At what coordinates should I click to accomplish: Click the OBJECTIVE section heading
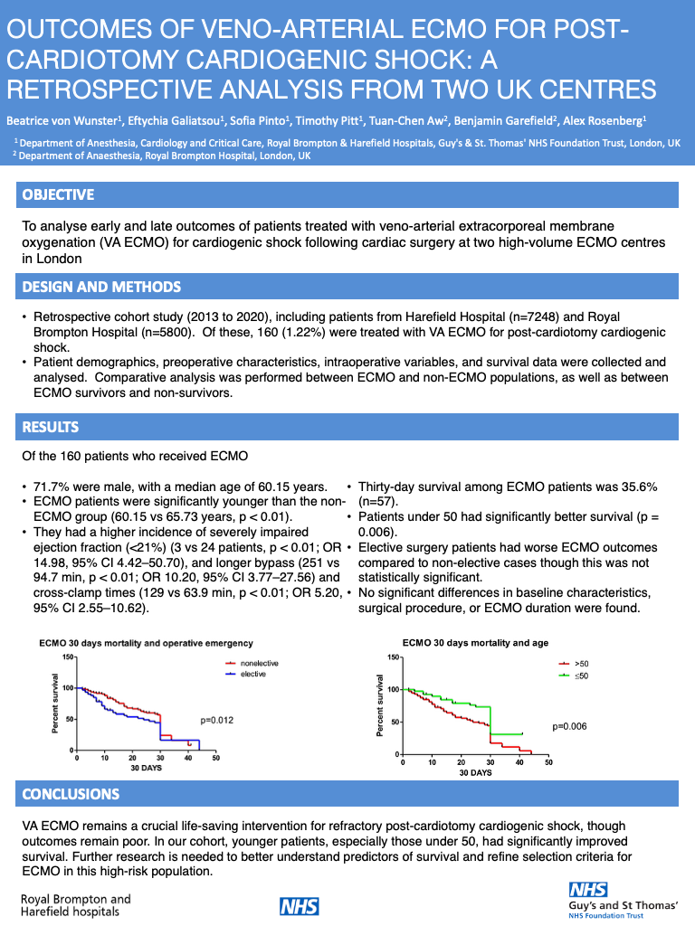click(x=58, y=195)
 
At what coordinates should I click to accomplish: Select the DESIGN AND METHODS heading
click(x=101, y=288)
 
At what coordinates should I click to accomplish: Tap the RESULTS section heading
click(x=51, y=427)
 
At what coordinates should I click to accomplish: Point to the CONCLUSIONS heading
click(x=71, y=794)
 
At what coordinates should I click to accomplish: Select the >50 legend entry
click(x=581, y=664)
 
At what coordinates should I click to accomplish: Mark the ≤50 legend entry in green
click(x=581, y=675)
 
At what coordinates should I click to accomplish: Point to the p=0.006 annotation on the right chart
click(x=570, y=726)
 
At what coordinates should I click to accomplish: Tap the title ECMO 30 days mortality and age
click(x=475, y=643)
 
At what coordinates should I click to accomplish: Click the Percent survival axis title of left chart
click(x=56, y=703)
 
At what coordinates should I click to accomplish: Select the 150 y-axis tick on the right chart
click(x=392, y=657)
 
